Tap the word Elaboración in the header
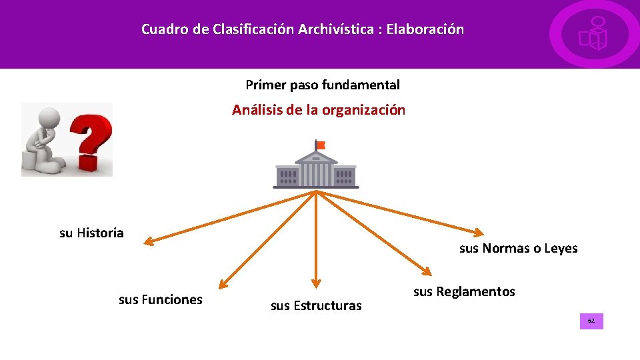click(x=425, y=30)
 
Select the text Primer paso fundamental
click(x=323, y=85)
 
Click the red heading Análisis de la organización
click(x=319, y=111)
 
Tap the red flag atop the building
click(x=321, y=145)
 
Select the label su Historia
click(x=91, y=233)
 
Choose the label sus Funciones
click(x=160, y=300)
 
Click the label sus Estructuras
click(x=316, y=306)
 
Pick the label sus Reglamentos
click(x=464, y=292)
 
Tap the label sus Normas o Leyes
click(x=518, y=249)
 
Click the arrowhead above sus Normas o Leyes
click(x=477, y=232)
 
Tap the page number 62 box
click(x=591, y=321)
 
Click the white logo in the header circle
click(x=593, y=35)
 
